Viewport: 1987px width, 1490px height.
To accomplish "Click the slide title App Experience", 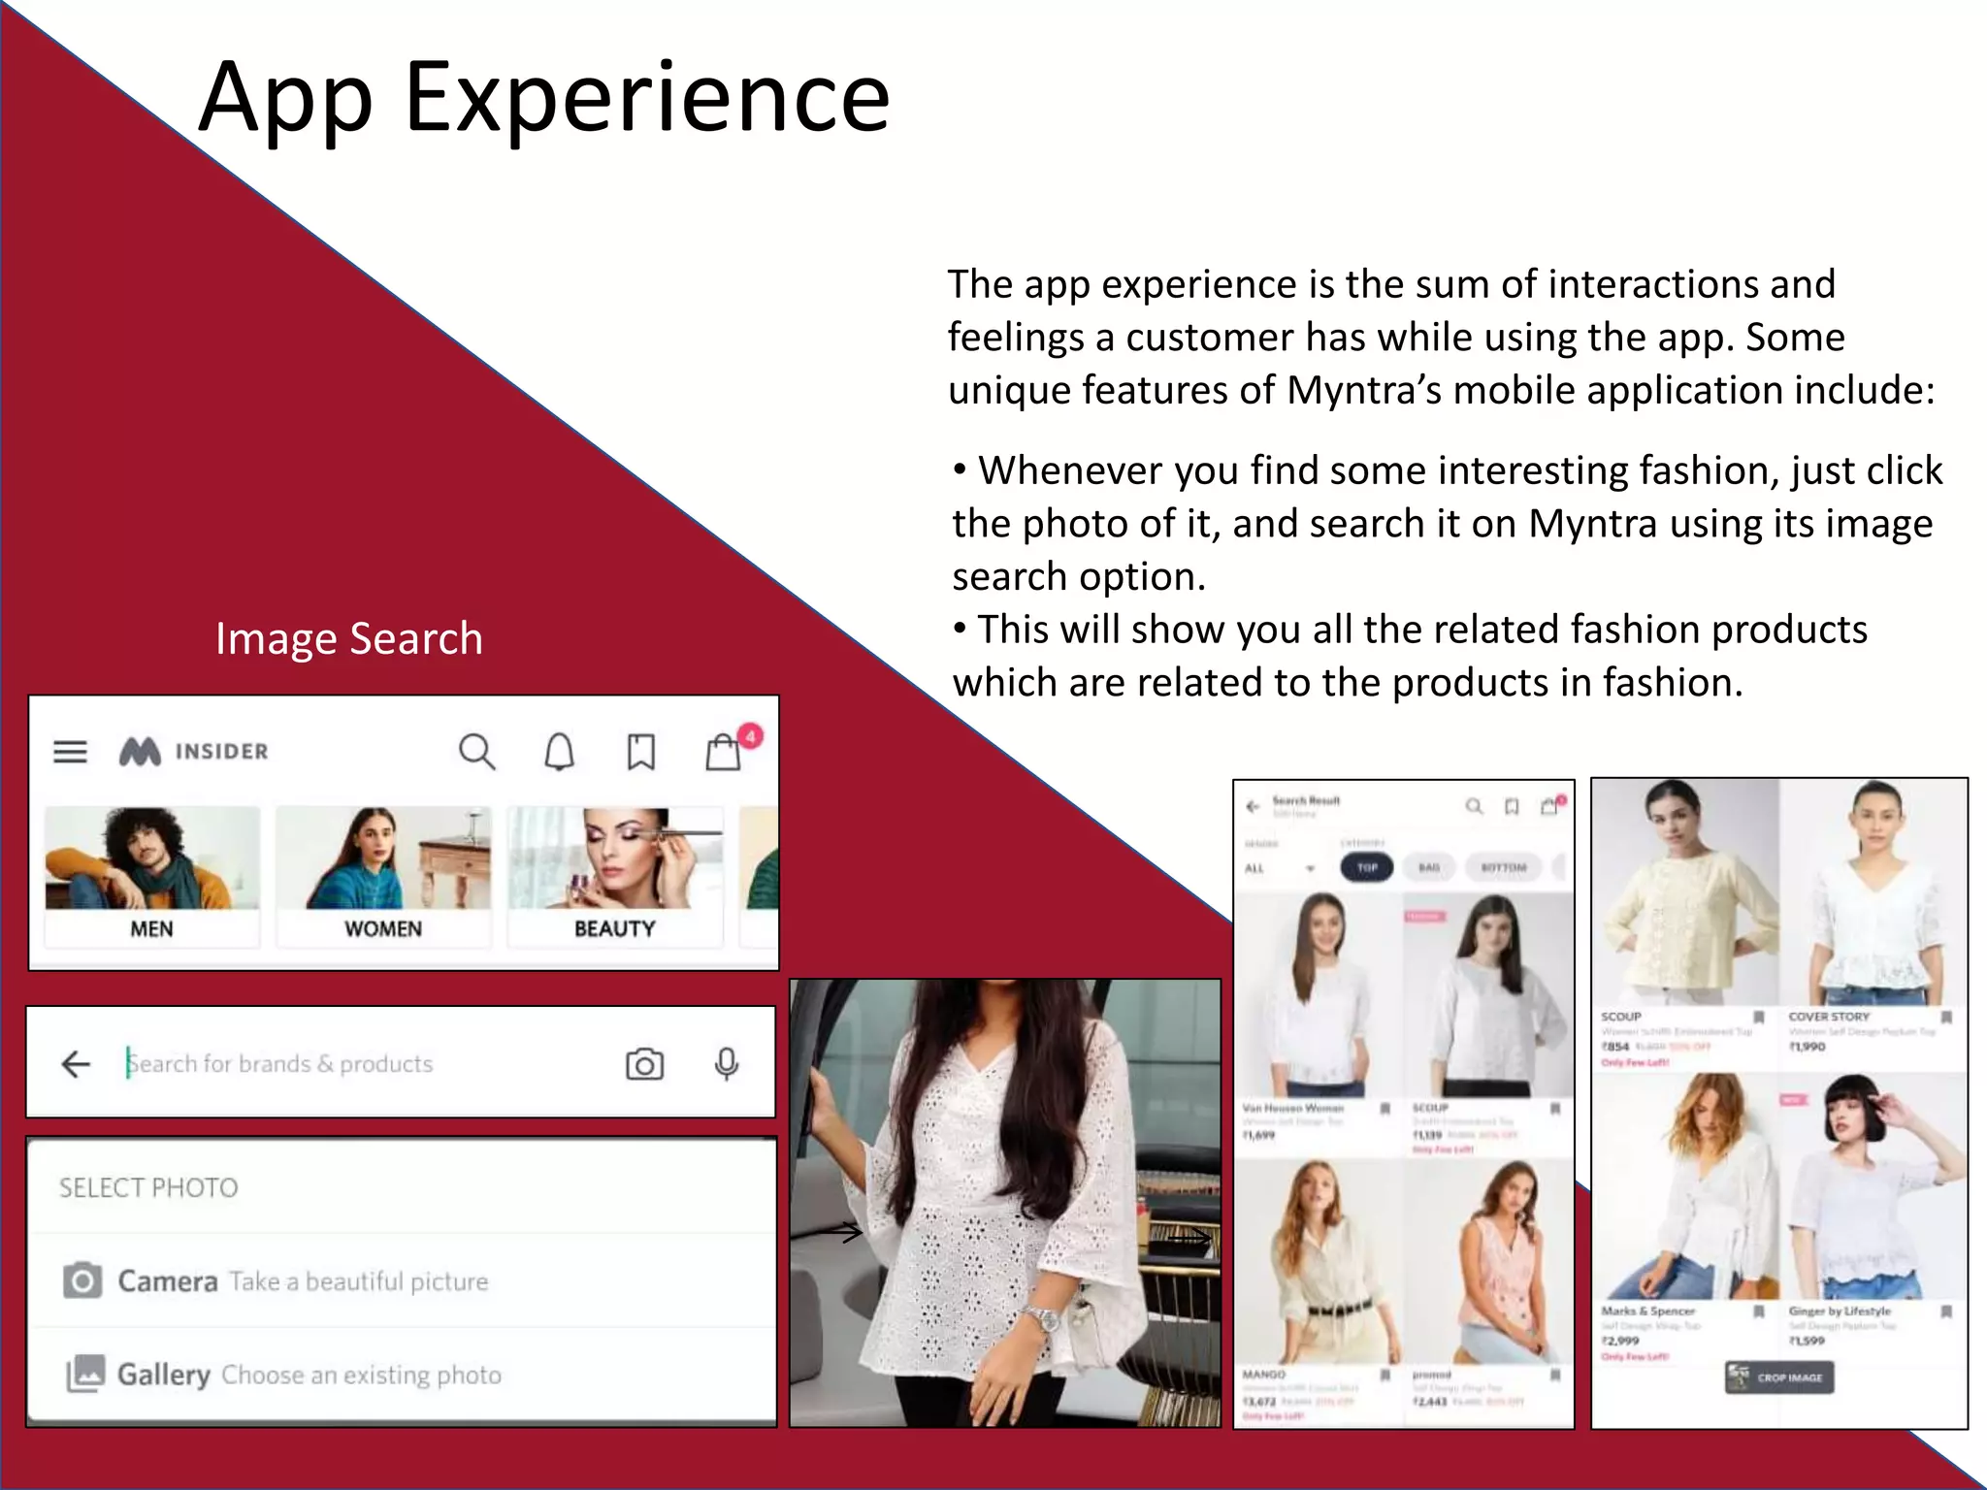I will click(x=543, y=97).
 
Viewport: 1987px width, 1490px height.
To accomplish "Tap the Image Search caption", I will click(x=349, y=638).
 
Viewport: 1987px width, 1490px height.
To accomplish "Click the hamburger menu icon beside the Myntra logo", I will click(x=70, y=751).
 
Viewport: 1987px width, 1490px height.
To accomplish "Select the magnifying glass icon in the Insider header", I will click(x=476, y=751).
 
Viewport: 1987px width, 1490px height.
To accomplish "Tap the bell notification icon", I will click(x=560, y=751).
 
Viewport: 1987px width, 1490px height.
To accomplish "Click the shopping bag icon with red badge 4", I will click(x=724, y=751).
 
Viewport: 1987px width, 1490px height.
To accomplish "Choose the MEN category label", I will click(x=151, y=928).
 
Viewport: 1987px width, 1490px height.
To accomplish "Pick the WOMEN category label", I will click(x=383, y=928).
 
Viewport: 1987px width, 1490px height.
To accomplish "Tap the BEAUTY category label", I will click(x=615, y=928).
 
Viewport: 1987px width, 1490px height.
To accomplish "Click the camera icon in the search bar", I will click(x=644, y=1063).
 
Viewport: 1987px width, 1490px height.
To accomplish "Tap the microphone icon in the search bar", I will click(x=727, y=1063).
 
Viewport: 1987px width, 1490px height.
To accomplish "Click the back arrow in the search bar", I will click(x=76, y=1063).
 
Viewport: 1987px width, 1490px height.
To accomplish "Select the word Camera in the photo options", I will click(x=168, y=1281).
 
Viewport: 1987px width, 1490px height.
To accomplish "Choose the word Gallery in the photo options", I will click(x=164, y=1375).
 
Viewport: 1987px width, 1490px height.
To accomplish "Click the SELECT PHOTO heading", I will click(x=148, y=1187).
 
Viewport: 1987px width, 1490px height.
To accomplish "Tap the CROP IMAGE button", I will click(x=1779, y=1377).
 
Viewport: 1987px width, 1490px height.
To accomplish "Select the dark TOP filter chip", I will click(x=1366, y=867).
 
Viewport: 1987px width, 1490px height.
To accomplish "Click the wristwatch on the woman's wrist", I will click(x=1043, y=1318).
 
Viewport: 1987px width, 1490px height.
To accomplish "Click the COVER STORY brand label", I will click(x=1829, y=1017).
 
